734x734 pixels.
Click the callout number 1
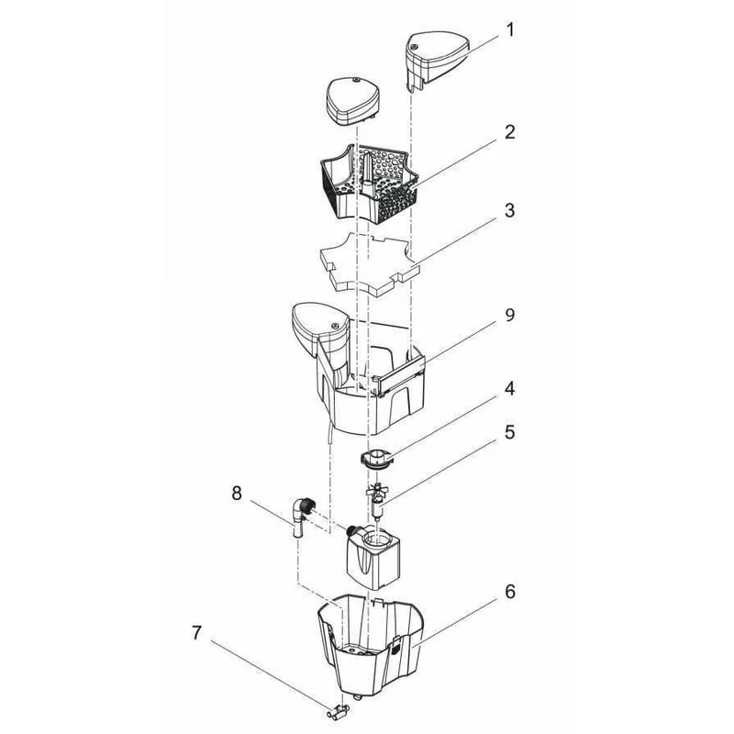510,30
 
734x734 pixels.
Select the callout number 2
510,132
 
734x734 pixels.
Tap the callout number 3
510,210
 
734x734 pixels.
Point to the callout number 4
510,388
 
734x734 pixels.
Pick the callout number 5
510,431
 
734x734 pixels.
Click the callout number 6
510,592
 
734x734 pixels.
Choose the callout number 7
196,633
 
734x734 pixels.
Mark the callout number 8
237,494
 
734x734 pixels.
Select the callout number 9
510,315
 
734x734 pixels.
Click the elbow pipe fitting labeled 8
301,517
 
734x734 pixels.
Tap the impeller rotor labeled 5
376,501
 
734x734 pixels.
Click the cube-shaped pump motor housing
373,560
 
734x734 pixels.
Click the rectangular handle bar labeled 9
401,374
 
